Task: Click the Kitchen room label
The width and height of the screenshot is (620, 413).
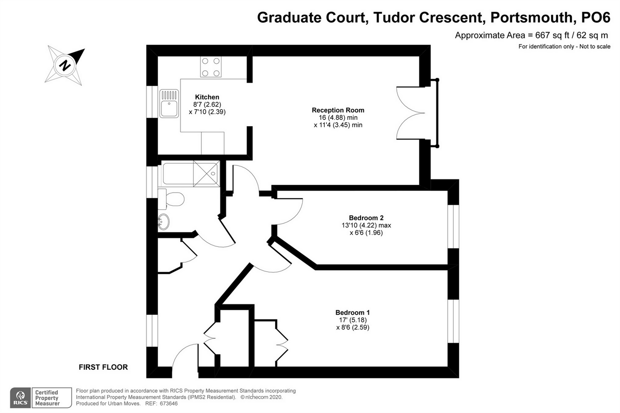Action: (207, 97)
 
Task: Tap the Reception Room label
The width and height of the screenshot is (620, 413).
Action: (338, 110)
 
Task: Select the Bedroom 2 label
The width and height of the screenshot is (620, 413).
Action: (366, 218)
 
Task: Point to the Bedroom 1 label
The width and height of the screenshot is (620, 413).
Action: (352, 313)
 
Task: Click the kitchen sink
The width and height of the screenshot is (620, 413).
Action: (169, 104)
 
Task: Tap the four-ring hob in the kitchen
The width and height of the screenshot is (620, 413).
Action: (210, 67)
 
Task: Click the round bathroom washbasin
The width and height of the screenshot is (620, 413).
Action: (163, 221)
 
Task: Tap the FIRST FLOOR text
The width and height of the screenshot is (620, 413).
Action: (103, 367)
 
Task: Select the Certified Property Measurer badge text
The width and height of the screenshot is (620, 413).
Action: (47, 398)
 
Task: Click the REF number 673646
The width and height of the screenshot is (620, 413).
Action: (168, 404)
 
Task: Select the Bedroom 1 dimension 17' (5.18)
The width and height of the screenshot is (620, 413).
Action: (352, 320)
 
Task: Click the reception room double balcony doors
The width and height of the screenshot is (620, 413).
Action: (411, 113)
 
